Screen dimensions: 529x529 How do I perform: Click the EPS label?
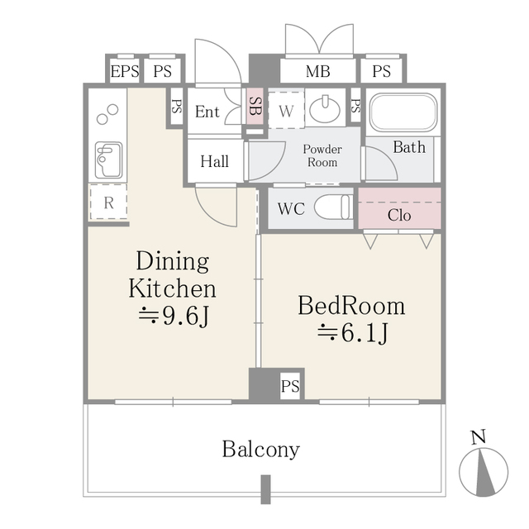point(125,72)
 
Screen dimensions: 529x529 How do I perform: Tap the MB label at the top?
point(317,72)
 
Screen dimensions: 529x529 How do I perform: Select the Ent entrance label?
point(207,112)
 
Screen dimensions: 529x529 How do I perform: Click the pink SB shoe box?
point(255,107)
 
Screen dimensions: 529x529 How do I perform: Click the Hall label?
point(215,162)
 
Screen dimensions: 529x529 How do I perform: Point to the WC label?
point(291,209)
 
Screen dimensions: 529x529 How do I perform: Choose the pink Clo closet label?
point(399,215)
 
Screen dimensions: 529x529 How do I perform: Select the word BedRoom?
point(351,307)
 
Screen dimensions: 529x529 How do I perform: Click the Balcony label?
point(260,450)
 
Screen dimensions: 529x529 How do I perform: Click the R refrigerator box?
point(108,203)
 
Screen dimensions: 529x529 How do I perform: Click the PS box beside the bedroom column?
point(290,386)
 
